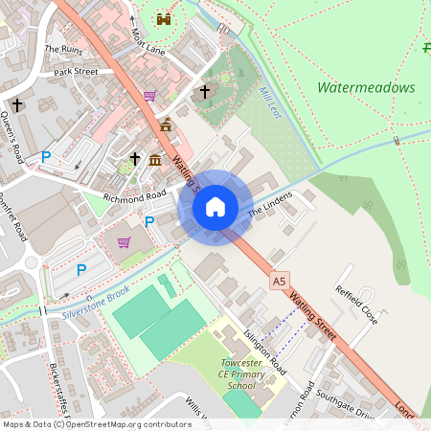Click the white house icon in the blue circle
pyautogui.click(x=215, y=207)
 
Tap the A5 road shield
pyautogui.click(x=279, y=281)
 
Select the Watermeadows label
pyautogui.click(x=366, y=87)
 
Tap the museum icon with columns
pyautogui.click(x=155, y=157)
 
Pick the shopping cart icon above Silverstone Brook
pyautogui.click(x=124, y=242)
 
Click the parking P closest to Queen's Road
pyautogui.click(x=45, y=156)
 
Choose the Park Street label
pyautogui.click(x=76, y=71)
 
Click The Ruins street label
pyautogui.click(x=63, y=48)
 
